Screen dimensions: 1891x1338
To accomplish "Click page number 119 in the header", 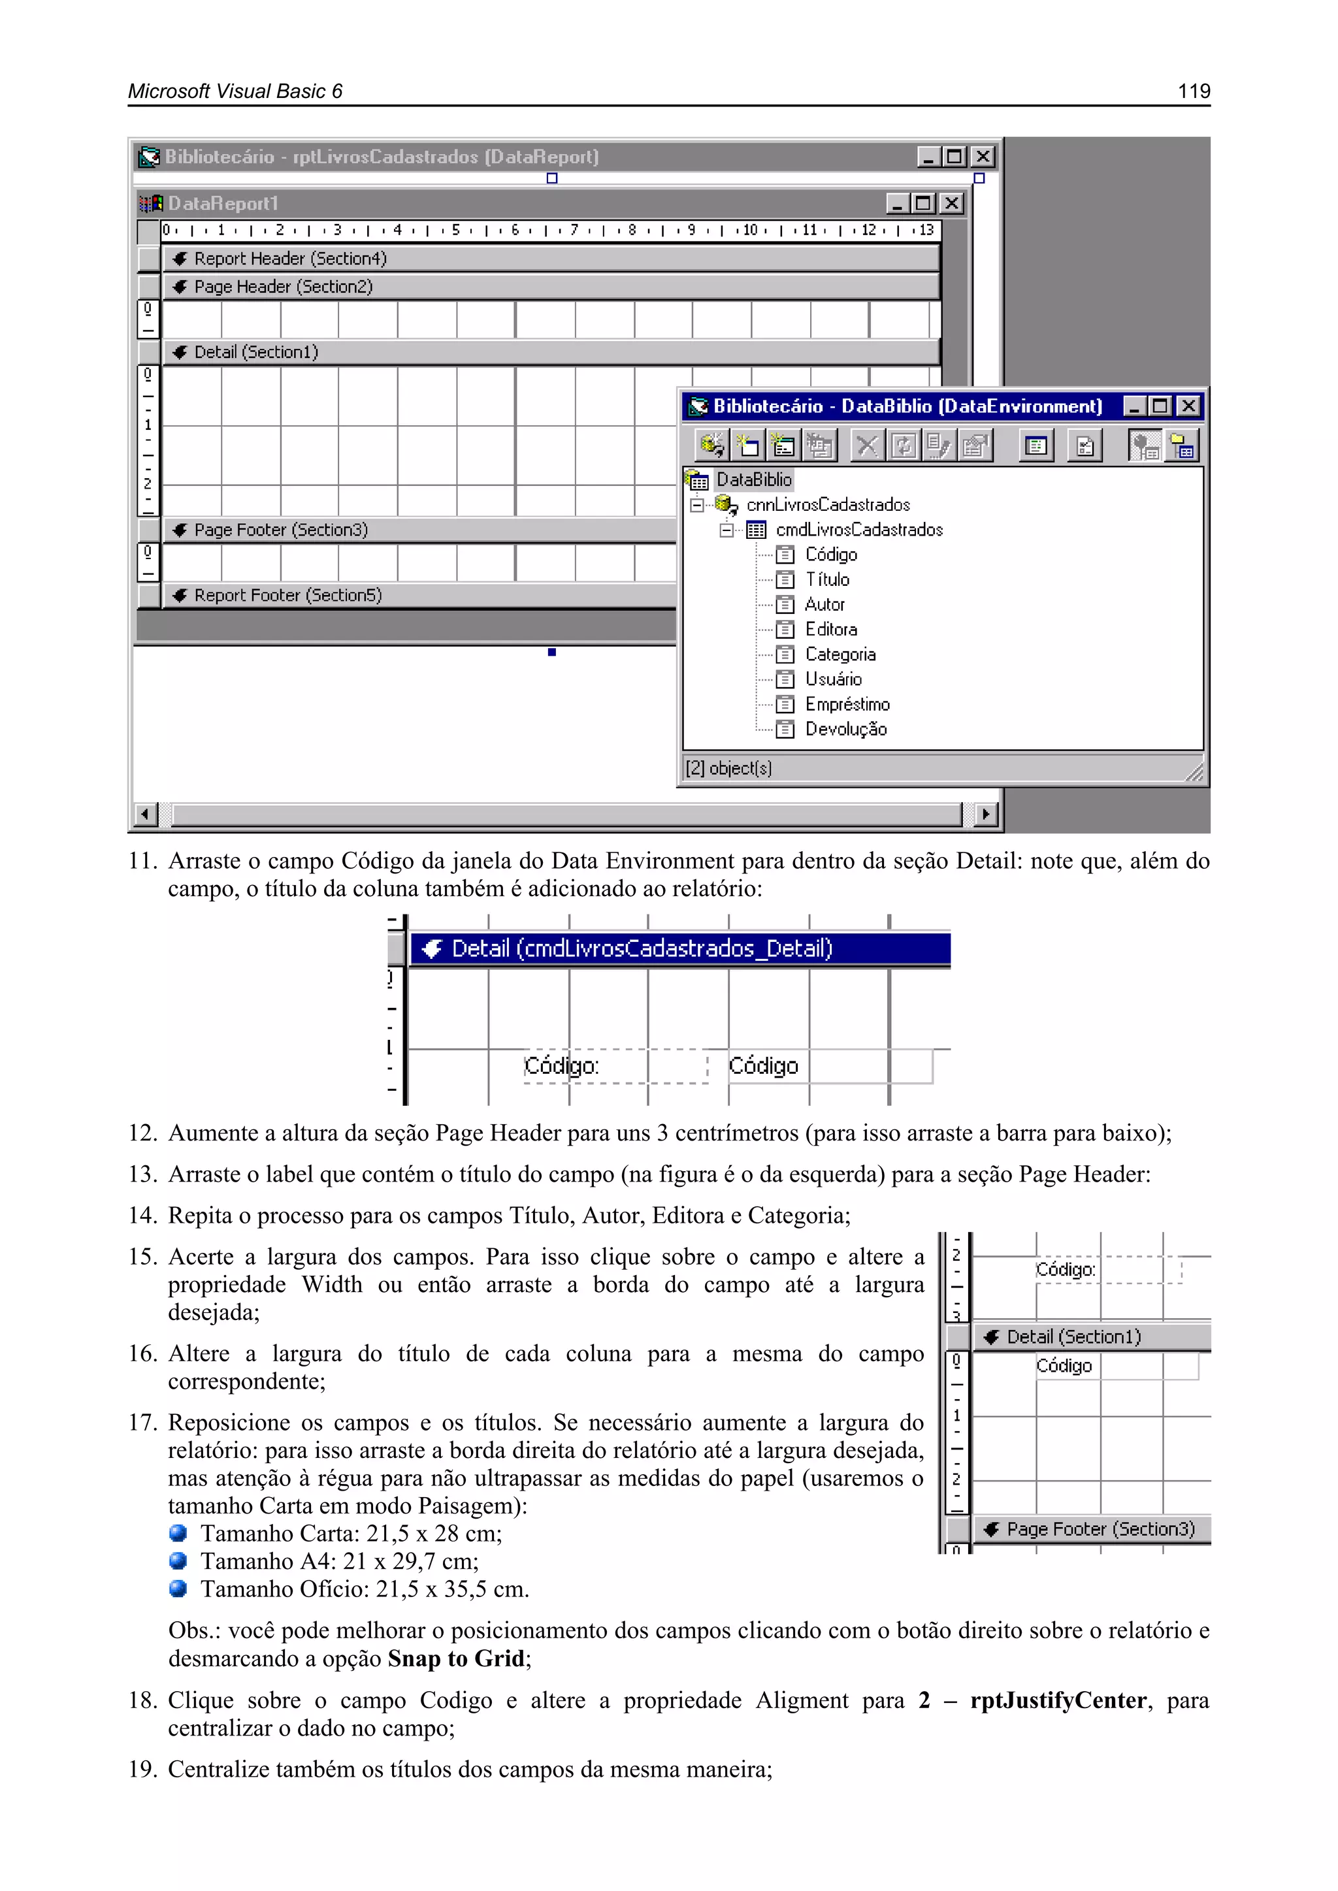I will [1193, 91].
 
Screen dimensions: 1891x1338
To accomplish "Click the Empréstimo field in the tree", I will [847, 704].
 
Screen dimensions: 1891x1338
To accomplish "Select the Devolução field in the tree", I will [845, 729].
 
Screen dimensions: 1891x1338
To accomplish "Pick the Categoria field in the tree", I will [840, 654].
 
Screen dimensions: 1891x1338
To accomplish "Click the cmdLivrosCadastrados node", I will [858, 530].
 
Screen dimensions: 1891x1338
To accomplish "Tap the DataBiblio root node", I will [753, 479].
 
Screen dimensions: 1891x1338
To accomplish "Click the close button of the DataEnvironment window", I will [1188, 406].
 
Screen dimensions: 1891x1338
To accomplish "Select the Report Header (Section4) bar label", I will [290, 259].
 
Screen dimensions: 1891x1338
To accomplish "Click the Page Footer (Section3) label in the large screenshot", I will [280, 530].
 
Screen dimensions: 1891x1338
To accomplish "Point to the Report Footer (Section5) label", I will [287, 594].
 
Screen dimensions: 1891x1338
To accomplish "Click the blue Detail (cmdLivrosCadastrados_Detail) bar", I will [679, 949].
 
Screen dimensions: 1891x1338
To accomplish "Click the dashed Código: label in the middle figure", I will [562, 1066].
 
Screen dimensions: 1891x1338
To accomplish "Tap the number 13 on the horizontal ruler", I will [927, 231].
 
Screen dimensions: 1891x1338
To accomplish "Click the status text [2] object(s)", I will [728, 768].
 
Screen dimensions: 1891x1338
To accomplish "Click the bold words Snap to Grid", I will [455, 1658].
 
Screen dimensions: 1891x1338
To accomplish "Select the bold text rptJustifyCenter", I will [1058, 1700].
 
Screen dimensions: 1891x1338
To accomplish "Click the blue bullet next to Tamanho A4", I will [178, 1560].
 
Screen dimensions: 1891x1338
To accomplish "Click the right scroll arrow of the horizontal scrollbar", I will [984, 815].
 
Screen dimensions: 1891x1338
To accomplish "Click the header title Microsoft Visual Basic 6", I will [235, 91].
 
